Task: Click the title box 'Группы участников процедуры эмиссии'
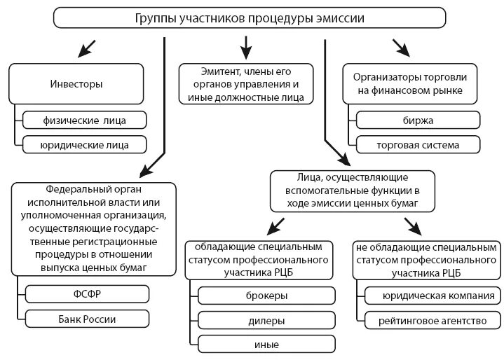[250, 18]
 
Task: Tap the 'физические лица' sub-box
[85, 120]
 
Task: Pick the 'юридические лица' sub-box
[85, 144]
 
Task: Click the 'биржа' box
[418, 120]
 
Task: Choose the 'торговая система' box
[418, 145]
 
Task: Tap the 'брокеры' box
[267, 296]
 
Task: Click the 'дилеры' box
[267, 321]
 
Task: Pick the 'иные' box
[267, 345]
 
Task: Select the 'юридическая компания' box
[430, 296]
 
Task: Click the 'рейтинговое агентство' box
[430, 321]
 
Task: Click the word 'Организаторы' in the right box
[384, 75]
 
